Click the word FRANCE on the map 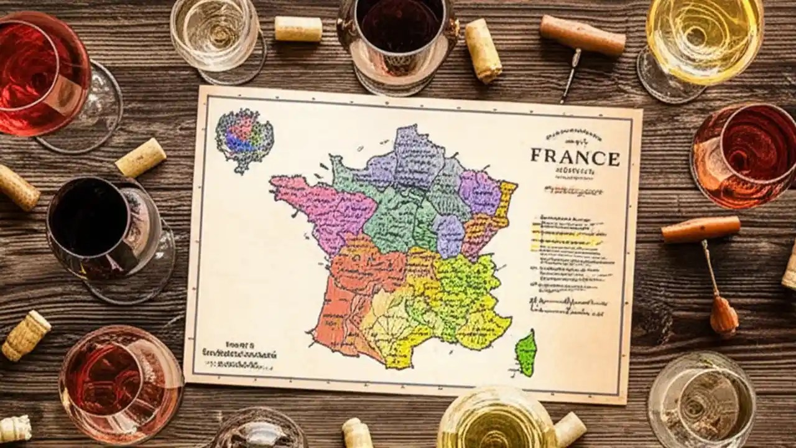click(x=575, y=157)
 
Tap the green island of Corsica click(x=526, y=353)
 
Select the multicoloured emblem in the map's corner click(x=244, y=140)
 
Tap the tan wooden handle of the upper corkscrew click(x=583, y=35)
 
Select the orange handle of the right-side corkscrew click(x=701, y=228)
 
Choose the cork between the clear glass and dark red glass click(x=298, y=29)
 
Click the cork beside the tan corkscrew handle click(x=483, y=50)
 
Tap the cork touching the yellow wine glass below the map click(x=569, y=429)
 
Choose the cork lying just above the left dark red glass click(x=141, y=157)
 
